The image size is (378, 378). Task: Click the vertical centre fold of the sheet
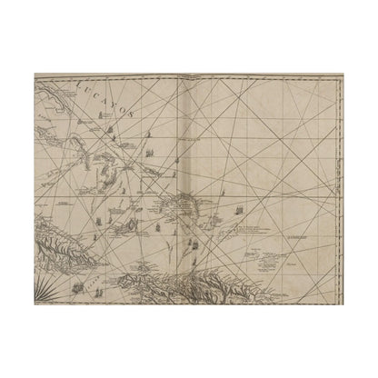190,182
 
